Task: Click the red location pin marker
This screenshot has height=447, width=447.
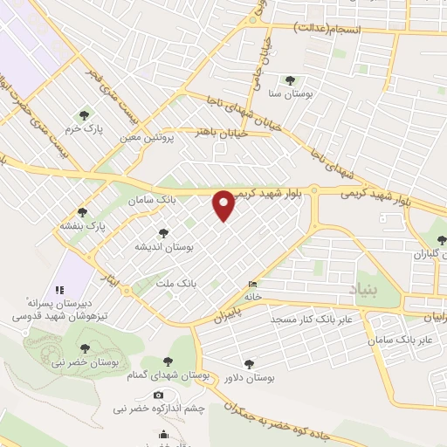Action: pos(224,206)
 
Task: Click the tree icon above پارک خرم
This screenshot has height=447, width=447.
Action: pos(85,114)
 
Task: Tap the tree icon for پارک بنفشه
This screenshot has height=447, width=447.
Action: pos(83,212)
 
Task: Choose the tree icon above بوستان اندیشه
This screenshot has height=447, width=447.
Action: pos(163,233)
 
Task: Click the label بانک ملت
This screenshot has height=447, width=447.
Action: pos(175,284)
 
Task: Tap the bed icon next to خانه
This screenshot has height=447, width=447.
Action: pos(253,284)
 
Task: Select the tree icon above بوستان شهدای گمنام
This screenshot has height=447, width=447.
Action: pos(168,361)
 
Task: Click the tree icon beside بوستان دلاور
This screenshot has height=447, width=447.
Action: pos(249,364)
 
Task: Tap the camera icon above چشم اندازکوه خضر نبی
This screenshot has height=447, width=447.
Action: pos(158,395)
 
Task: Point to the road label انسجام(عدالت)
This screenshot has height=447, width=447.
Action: pos(337,29)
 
